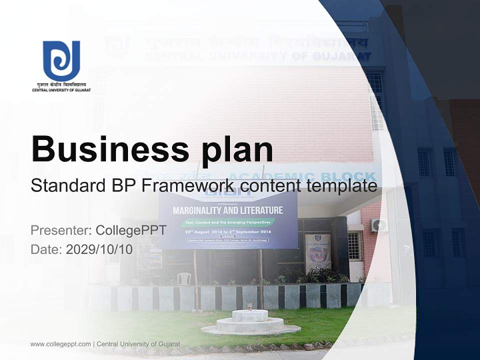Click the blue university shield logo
pos(61,60)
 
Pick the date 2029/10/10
pos(99,249)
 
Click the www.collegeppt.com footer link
pos(60,344)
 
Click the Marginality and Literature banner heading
pos(227,210)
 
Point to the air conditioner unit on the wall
pos(378,225)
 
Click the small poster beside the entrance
pos(318,252)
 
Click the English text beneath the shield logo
pos(61,90)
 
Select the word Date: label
pos(46,249)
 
